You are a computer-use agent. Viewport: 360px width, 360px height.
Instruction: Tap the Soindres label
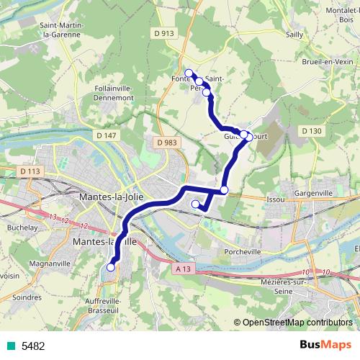tap(27, 296)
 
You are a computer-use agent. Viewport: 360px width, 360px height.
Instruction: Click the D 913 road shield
tap(163, 33)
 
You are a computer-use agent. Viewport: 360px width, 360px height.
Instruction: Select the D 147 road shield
tap(105, 135)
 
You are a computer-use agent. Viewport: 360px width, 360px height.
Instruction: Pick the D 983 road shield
tap(166, 143)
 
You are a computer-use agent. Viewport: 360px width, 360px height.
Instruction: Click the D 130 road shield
tap(311, 130)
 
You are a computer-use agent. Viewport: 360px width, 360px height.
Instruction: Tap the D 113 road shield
tap(30, 171)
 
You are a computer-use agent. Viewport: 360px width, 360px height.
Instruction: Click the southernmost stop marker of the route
tap(111, 267)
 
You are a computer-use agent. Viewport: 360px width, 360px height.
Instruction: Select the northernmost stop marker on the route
tap(189, 73)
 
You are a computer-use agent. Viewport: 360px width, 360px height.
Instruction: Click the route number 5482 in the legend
tap(32, 346)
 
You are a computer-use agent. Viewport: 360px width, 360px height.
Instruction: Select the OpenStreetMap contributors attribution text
tap(297, 323)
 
